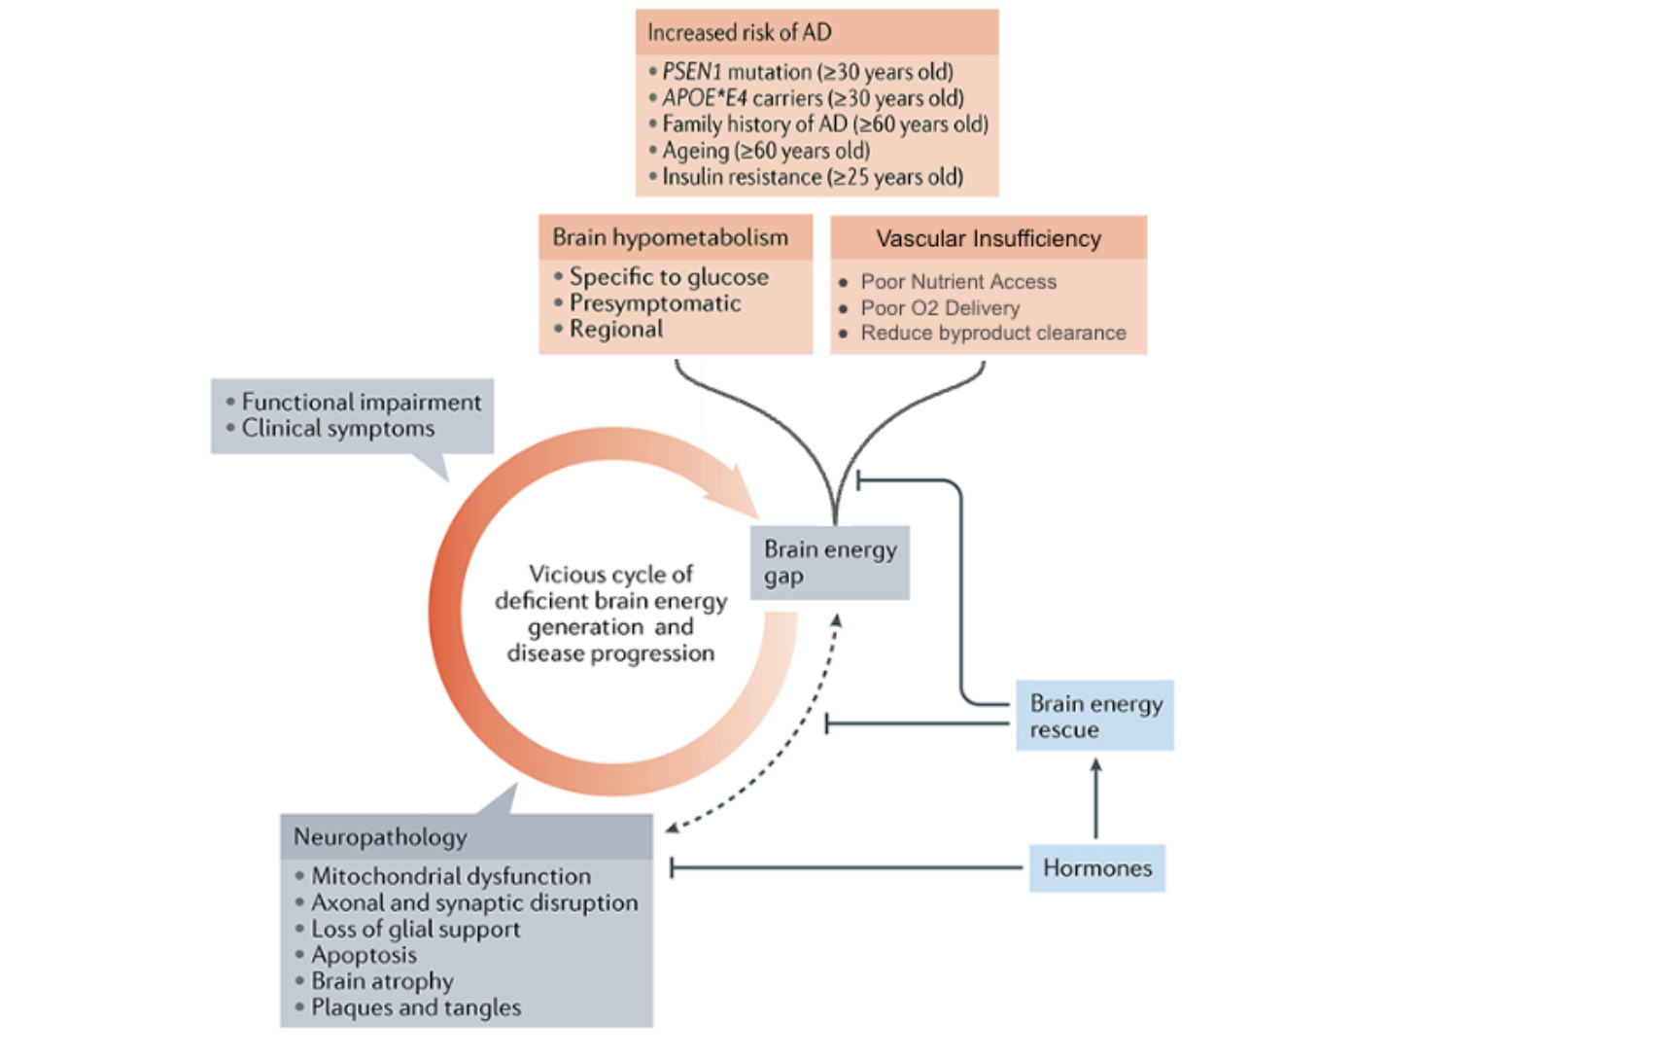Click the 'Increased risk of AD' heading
739,33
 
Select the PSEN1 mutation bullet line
807,72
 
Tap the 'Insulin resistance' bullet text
813,177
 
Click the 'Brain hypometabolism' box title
670,238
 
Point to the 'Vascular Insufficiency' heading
988,239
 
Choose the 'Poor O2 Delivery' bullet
940,308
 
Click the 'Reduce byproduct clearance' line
992,334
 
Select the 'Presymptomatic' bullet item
655,303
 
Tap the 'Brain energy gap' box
829,563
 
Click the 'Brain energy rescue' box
1094,717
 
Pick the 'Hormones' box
1096,868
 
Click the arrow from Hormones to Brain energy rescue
1095,799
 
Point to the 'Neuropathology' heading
380,837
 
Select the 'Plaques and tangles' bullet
415,1008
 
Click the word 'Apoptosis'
364,956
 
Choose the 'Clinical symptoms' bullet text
337,429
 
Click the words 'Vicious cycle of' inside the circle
610,575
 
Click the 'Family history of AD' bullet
824,124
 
